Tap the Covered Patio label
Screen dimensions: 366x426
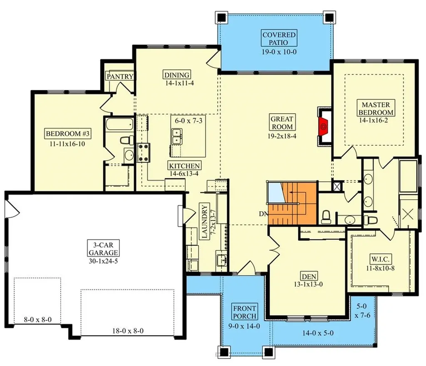(279, 38)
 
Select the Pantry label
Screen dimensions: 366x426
(120, 77)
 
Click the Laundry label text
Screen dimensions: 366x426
(204, 222)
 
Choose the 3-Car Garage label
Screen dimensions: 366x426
(103, 248)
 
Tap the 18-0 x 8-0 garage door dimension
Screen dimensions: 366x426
(128, 331)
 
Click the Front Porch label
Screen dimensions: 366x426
(245, 313)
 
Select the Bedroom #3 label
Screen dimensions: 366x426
(68, 134)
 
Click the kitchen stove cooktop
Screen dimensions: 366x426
(144, 152)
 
